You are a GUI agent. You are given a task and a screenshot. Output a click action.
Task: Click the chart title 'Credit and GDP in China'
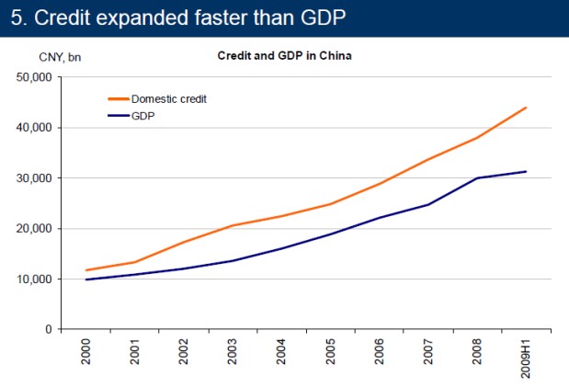coord(284,55)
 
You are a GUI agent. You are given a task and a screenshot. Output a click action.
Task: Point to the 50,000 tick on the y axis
coord(36,77)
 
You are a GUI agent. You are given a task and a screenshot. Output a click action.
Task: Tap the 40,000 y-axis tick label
coord(36,128)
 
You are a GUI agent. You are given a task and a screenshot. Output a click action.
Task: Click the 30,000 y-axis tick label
coord(36,178)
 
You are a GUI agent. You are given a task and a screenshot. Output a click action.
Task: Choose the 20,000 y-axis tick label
coord(36,229)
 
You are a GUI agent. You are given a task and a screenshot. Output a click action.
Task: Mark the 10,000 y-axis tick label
coord(36,279)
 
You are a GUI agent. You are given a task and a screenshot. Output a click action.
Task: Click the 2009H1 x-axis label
coord(526,360)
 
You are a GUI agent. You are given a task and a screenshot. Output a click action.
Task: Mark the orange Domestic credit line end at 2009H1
coord(526,108)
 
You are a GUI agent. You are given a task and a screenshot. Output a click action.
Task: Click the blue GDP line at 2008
coord(477,178)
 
